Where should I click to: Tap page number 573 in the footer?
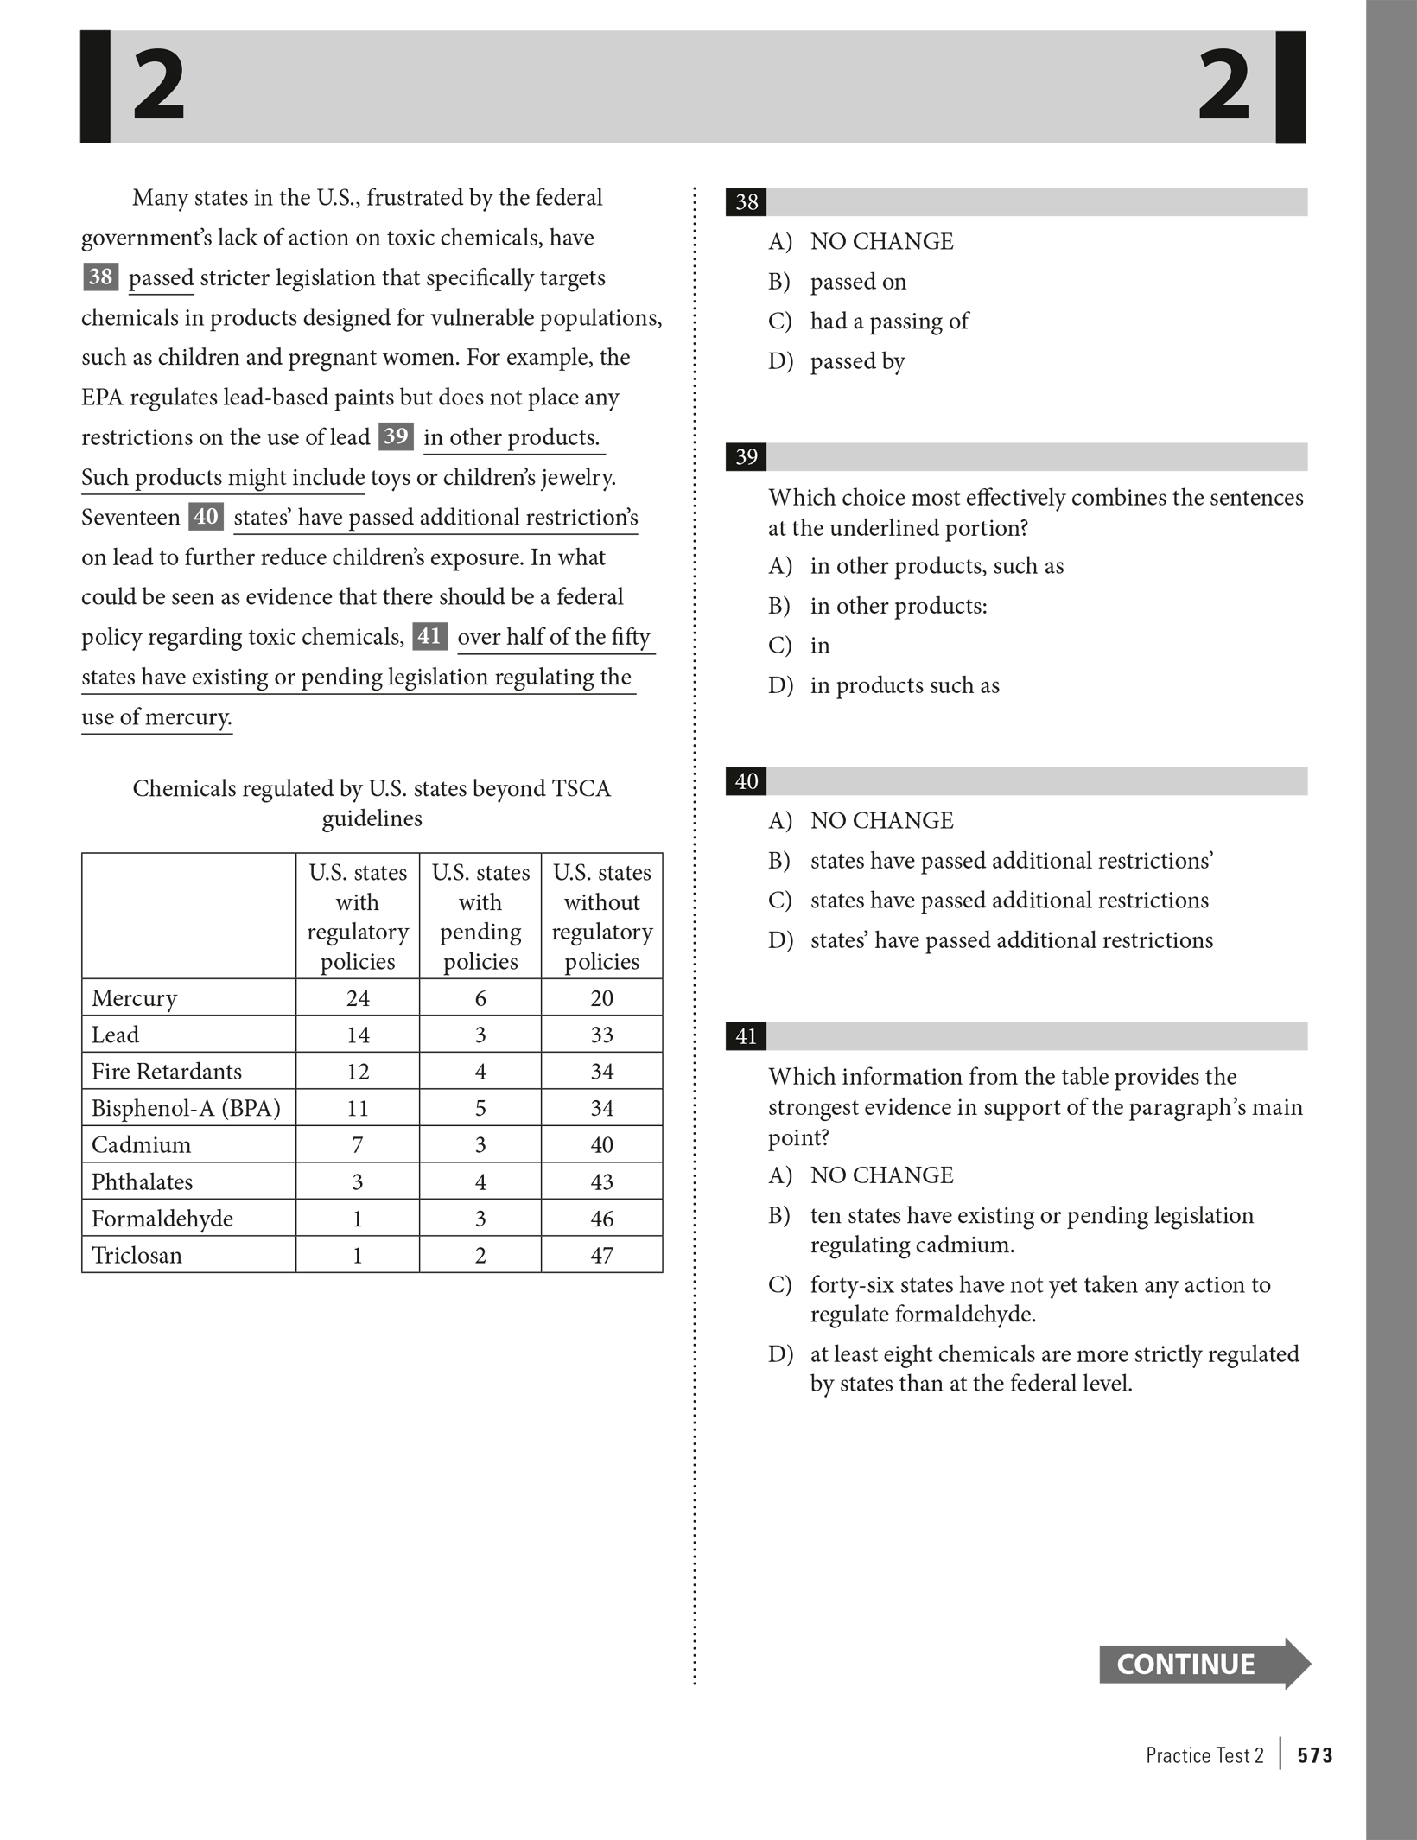click(x=1314, y=1755)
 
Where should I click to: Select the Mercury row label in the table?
click(x=134, y=998)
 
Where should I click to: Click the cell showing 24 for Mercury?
click(x=358, y=998)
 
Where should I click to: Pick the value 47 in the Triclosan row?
click(x=601, y=1255)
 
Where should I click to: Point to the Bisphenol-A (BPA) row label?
click(x=186, y=1108)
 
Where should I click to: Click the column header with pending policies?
click(x=480, y=916)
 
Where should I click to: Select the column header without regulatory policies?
click(x=601, y=916)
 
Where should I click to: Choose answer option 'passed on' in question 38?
click(x=857, y=282)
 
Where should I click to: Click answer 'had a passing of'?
click(x=888, y=322)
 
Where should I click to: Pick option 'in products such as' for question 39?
click(x=904, y=685)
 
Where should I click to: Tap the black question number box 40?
click(x=746, y=781)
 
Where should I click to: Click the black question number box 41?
click(x=746, y=1036)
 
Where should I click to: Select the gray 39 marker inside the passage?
click(x=396, y=436)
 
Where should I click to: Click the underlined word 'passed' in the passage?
click(x=161, y=278)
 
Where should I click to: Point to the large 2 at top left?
click(x=159, y=86)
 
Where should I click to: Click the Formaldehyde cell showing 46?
click(x=601, y=1219)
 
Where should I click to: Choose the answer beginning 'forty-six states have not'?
click(x=1039, y=1299)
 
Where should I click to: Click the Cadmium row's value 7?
click(x=358, y=1145)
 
